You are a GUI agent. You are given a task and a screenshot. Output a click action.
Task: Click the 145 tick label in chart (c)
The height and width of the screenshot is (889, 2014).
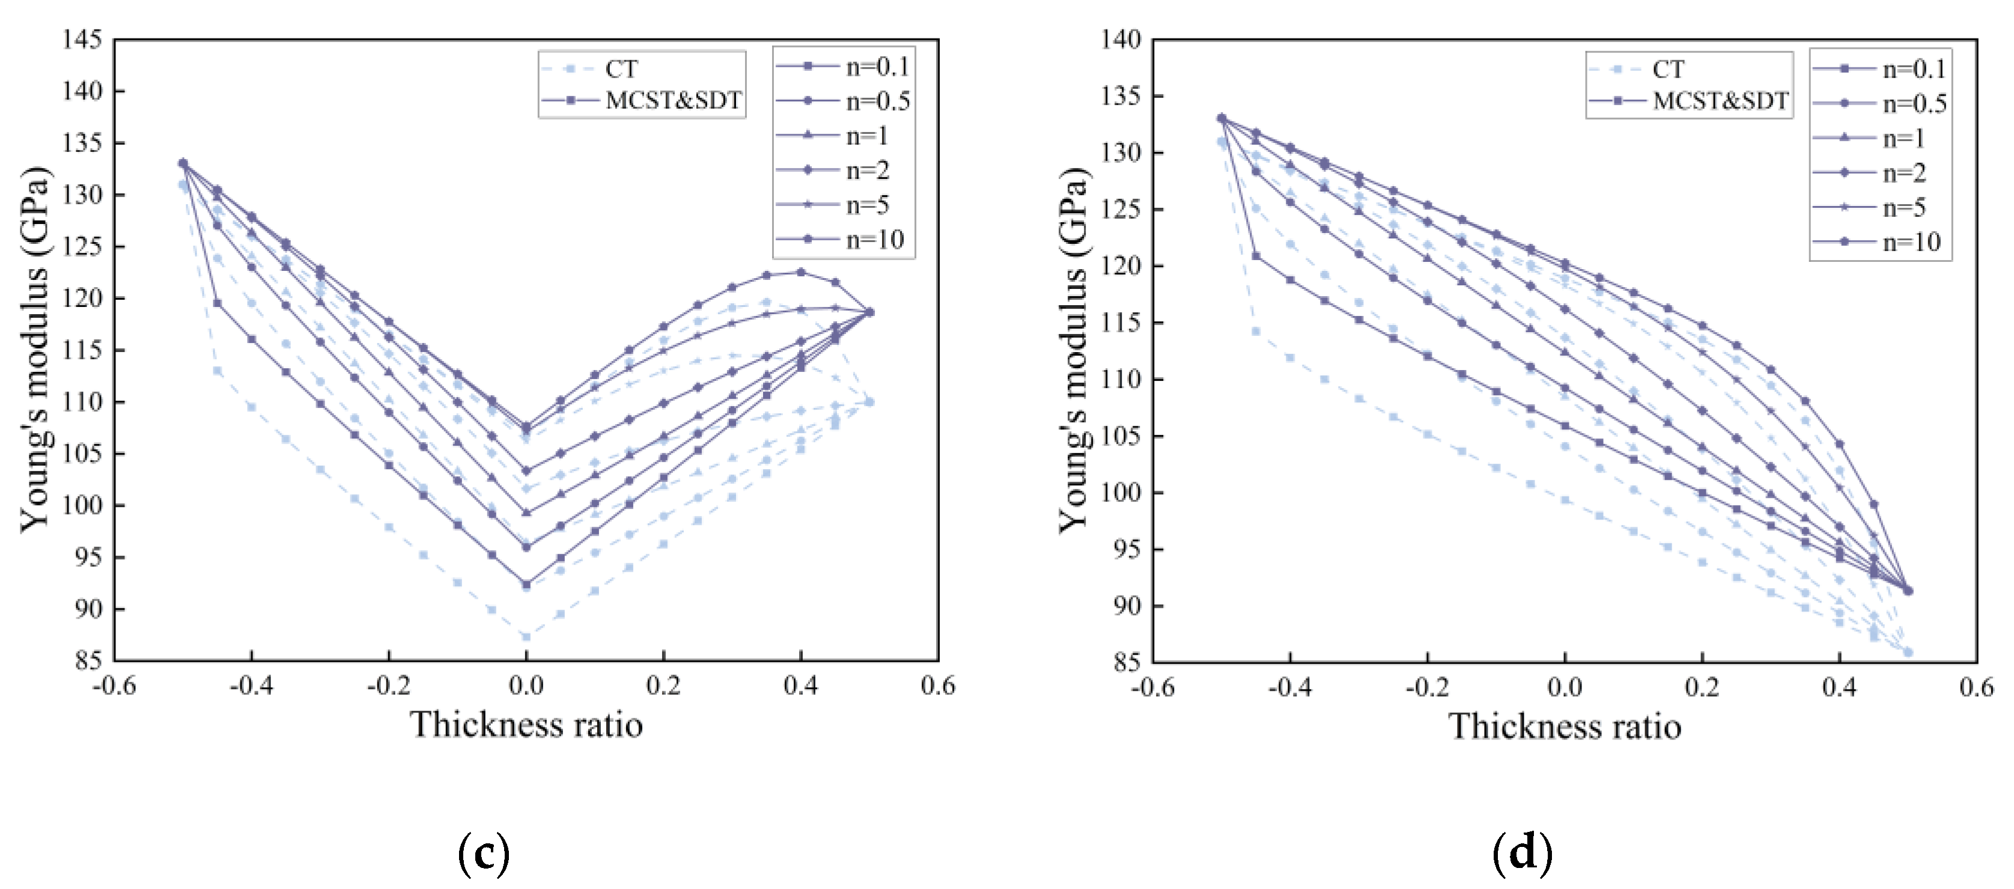[82, 39]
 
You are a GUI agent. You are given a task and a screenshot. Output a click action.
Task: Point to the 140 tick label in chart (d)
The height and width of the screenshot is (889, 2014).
[1121, 39]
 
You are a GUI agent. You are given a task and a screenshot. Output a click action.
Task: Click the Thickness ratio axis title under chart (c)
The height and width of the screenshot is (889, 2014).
[526, 725]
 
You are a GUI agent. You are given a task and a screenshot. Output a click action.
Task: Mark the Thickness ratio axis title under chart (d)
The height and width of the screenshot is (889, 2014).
[1565, 726]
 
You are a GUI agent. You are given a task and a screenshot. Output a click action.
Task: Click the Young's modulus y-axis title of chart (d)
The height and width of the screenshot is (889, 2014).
[1072, 350]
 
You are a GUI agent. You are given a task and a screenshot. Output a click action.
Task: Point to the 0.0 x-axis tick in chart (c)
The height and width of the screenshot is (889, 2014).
[526, 687]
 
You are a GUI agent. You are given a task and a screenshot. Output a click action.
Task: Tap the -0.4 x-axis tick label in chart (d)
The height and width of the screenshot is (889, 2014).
[1289, 688]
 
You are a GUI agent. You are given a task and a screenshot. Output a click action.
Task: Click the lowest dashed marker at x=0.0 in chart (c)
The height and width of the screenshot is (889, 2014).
[526, 637]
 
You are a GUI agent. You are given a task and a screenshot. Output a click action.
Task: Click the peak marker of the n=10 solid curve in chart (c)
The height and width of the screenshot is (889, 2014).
[800, 272]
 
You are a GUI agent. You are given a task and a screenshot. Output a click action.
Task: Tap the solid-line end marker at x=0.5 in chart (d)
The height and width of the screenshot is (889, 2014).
[1908, 590]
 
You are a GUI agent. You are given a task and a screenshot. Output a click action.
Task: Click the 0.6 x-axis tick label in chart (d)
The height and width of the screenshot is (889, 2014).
[1976, 688]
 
